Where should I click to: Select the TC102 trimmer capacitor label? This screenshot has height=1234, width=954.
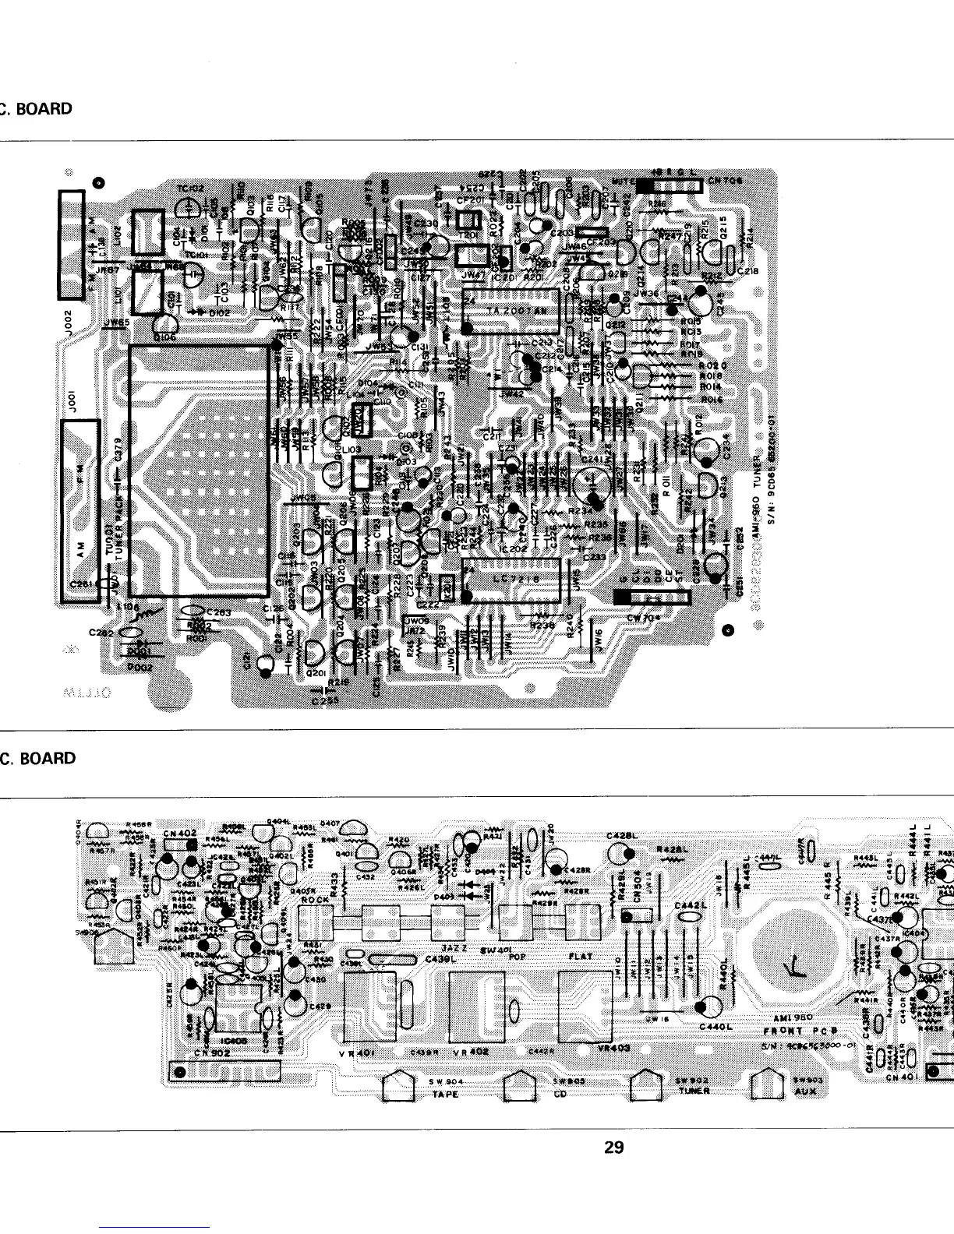point(189,189)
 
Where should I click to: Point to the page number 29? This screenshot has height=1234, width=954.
point(614,1147)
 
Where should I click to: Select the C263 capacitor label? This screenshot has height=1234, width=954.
point(217,612)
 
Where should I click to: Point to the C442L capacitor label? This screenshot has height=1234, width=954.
point(689,905)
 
